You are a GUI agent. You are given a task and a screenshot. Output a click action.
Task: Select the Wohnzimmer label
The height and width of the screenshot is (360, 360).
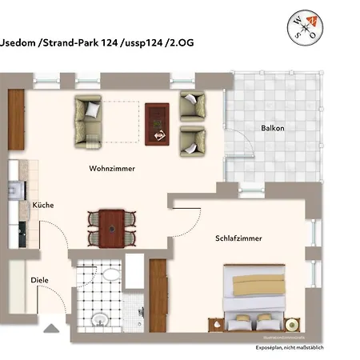pos(111,169)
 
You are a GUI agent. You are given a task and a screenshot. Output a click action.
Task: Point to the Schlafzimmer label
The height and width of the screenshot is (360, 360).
pos(238,238)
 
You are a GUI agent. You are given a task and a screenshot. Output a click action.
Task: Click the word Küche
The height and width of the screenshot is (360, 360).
pos(42,206)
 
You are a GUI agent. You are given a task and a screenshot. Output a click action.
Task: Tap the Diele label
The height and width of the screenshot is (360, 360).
pos(39,280)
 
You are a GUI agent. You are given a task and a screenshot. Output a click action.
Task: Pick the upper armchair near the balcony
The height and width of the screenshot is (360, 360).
pos(192,105)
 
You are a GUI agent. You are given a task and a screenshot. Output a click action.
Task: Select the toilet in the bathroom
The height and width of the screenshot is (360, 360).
pos(99,319)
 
